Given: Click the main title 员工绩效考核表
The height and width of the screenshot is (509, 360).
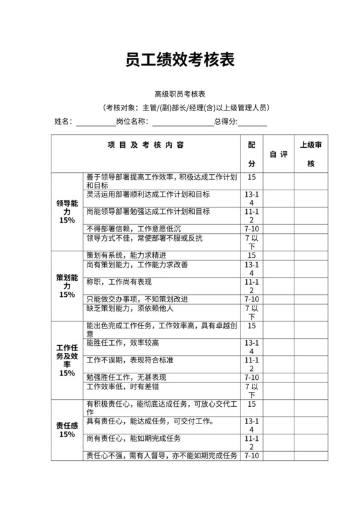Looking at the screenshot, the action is [x=179, y=60].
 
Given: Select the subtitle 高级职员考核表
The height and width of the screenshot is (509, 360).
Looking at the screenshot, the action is [x=179, y=94].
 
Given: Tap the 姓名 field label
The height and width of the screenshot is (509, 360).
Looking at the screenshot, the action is [x=63, y=121].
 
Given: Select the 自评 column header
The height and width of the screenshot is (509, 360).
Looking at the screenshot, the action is [x=278, y=154].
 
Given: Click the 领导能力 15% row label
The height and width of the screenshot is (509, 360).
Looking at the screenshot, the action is [x=67, y=211].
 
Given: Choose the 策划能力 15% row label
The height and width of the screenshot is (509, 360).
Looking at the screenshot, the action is [x=67, y=286].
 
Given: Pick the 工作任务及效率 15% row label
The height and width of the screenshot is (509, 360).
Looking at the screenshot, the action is [x=67, y=360].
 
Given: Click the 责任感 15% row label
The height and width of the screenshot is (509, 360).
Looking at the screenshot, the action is [x=67, y=429].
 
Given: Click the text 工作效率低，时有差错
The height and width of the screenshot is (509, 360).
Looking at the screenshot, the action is [x=122, y=387].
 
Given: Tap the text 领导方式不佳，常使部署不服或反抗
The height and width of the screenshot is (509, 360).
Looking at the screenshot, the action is [x=145, y=238].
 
